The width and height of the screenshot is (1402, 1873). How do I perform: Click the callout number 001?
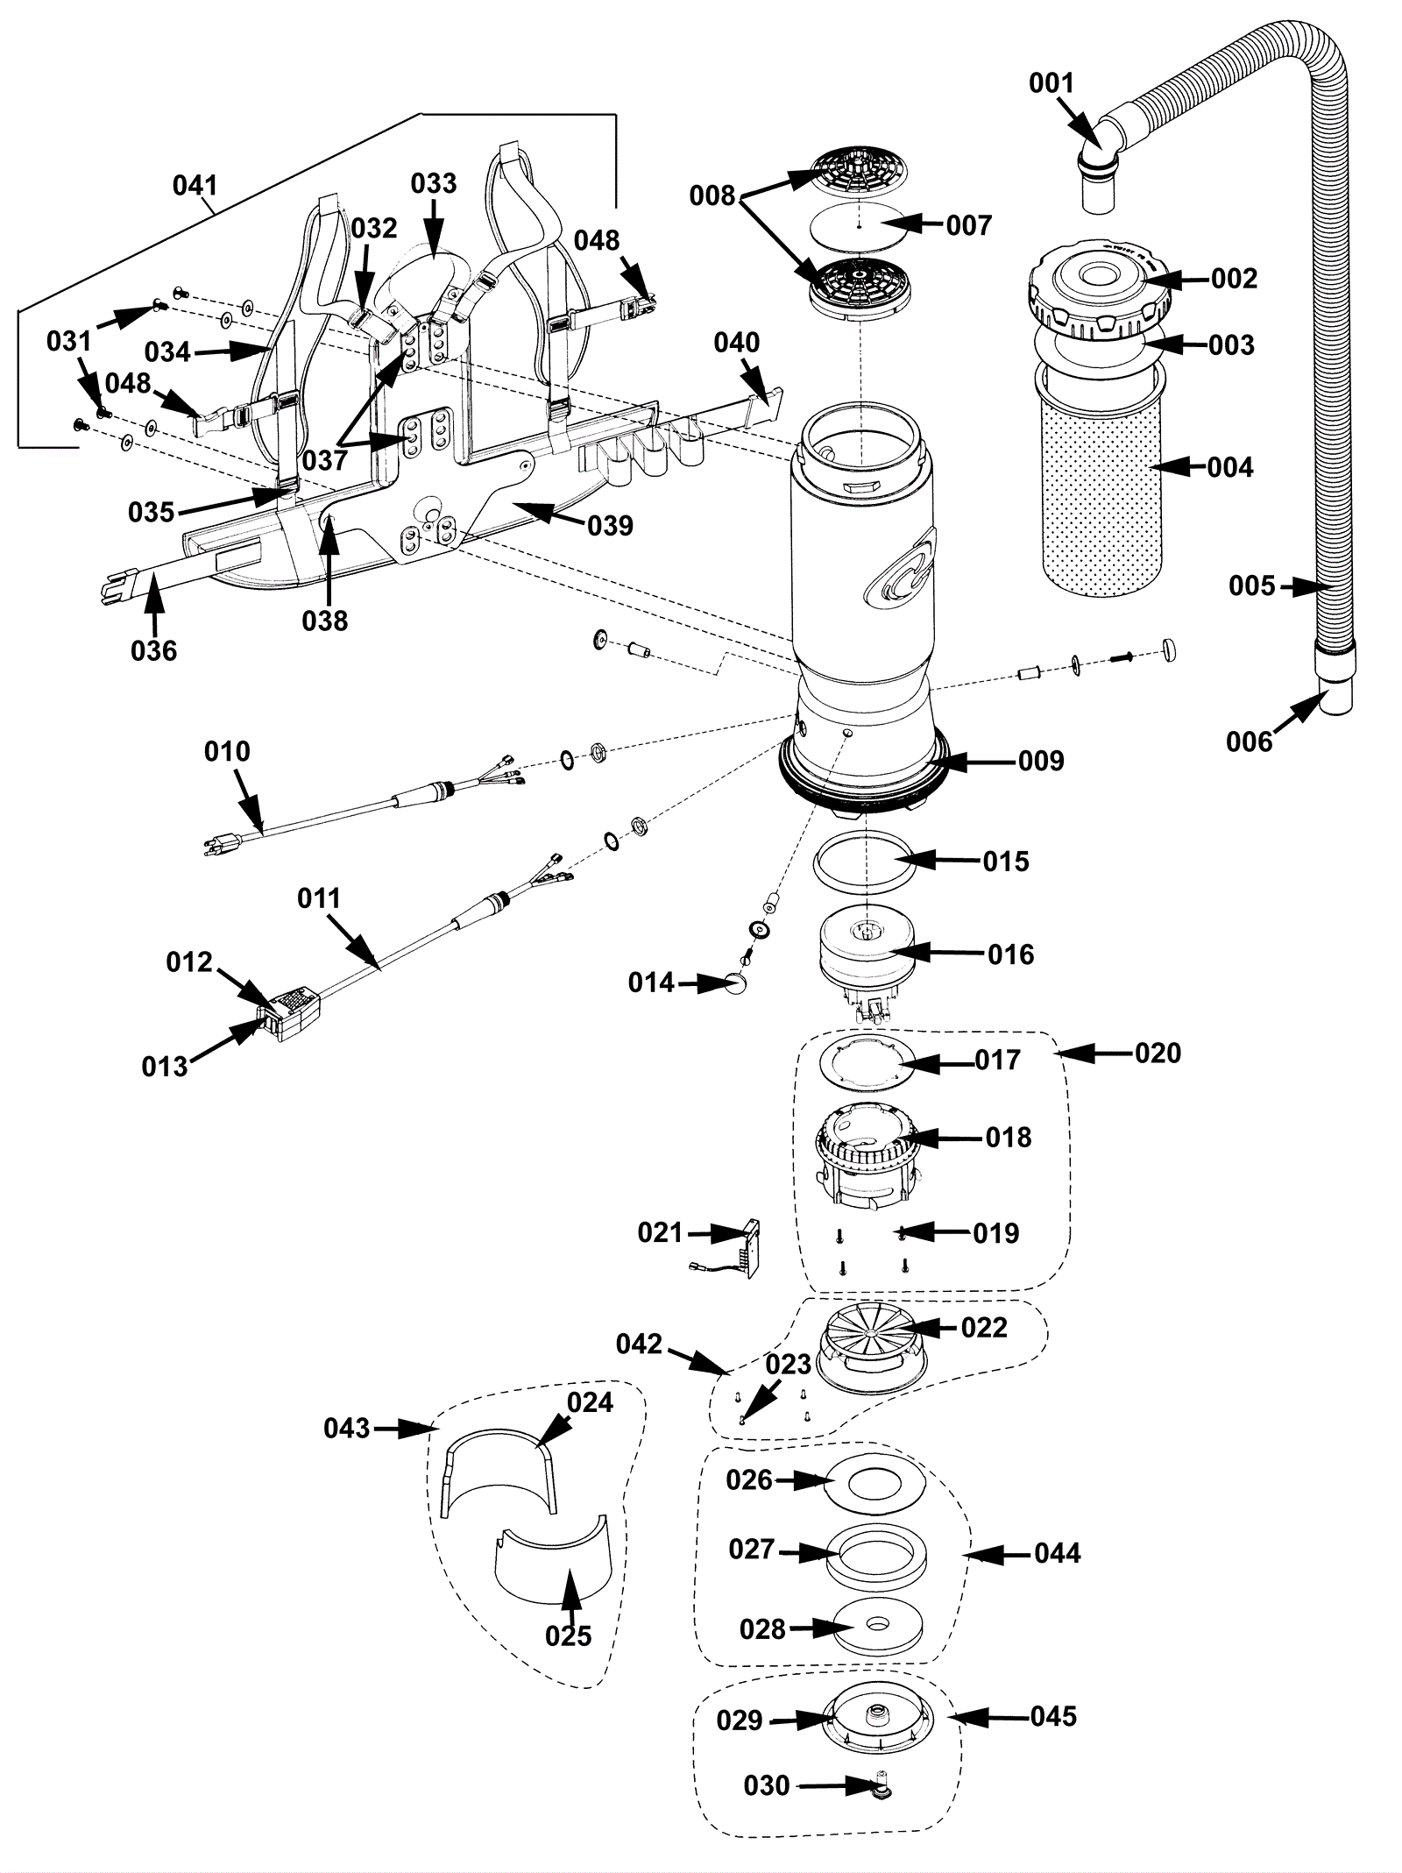coord(1051,84)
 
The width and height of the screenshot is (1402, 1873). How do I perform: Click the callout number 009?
coord(1041,761)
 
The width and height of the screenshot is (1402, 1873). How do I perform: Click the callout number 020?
coord(1158,1053)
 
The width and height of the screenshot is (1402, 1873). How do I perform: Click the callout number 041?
coord(195,186)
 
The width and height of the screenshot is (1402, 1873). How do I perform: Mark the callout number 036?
coord(153,650)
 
